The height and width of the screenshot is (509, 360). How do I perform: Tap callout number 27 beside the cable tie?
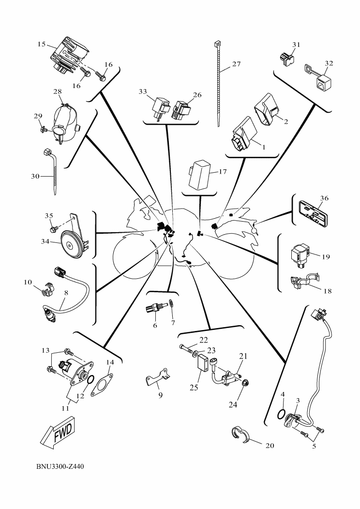pyautogui.click(x=236, y=64)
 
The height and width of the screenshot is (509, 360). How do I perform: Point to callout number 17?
pyautogui.click(x=222, y=171)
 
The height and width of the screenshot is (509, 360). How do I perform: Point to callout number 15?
pyautogui.click(x=41, y=44)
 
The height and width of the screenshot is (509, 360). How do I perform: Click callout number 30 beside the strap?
pyautogui.click(x=35, y=177)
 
